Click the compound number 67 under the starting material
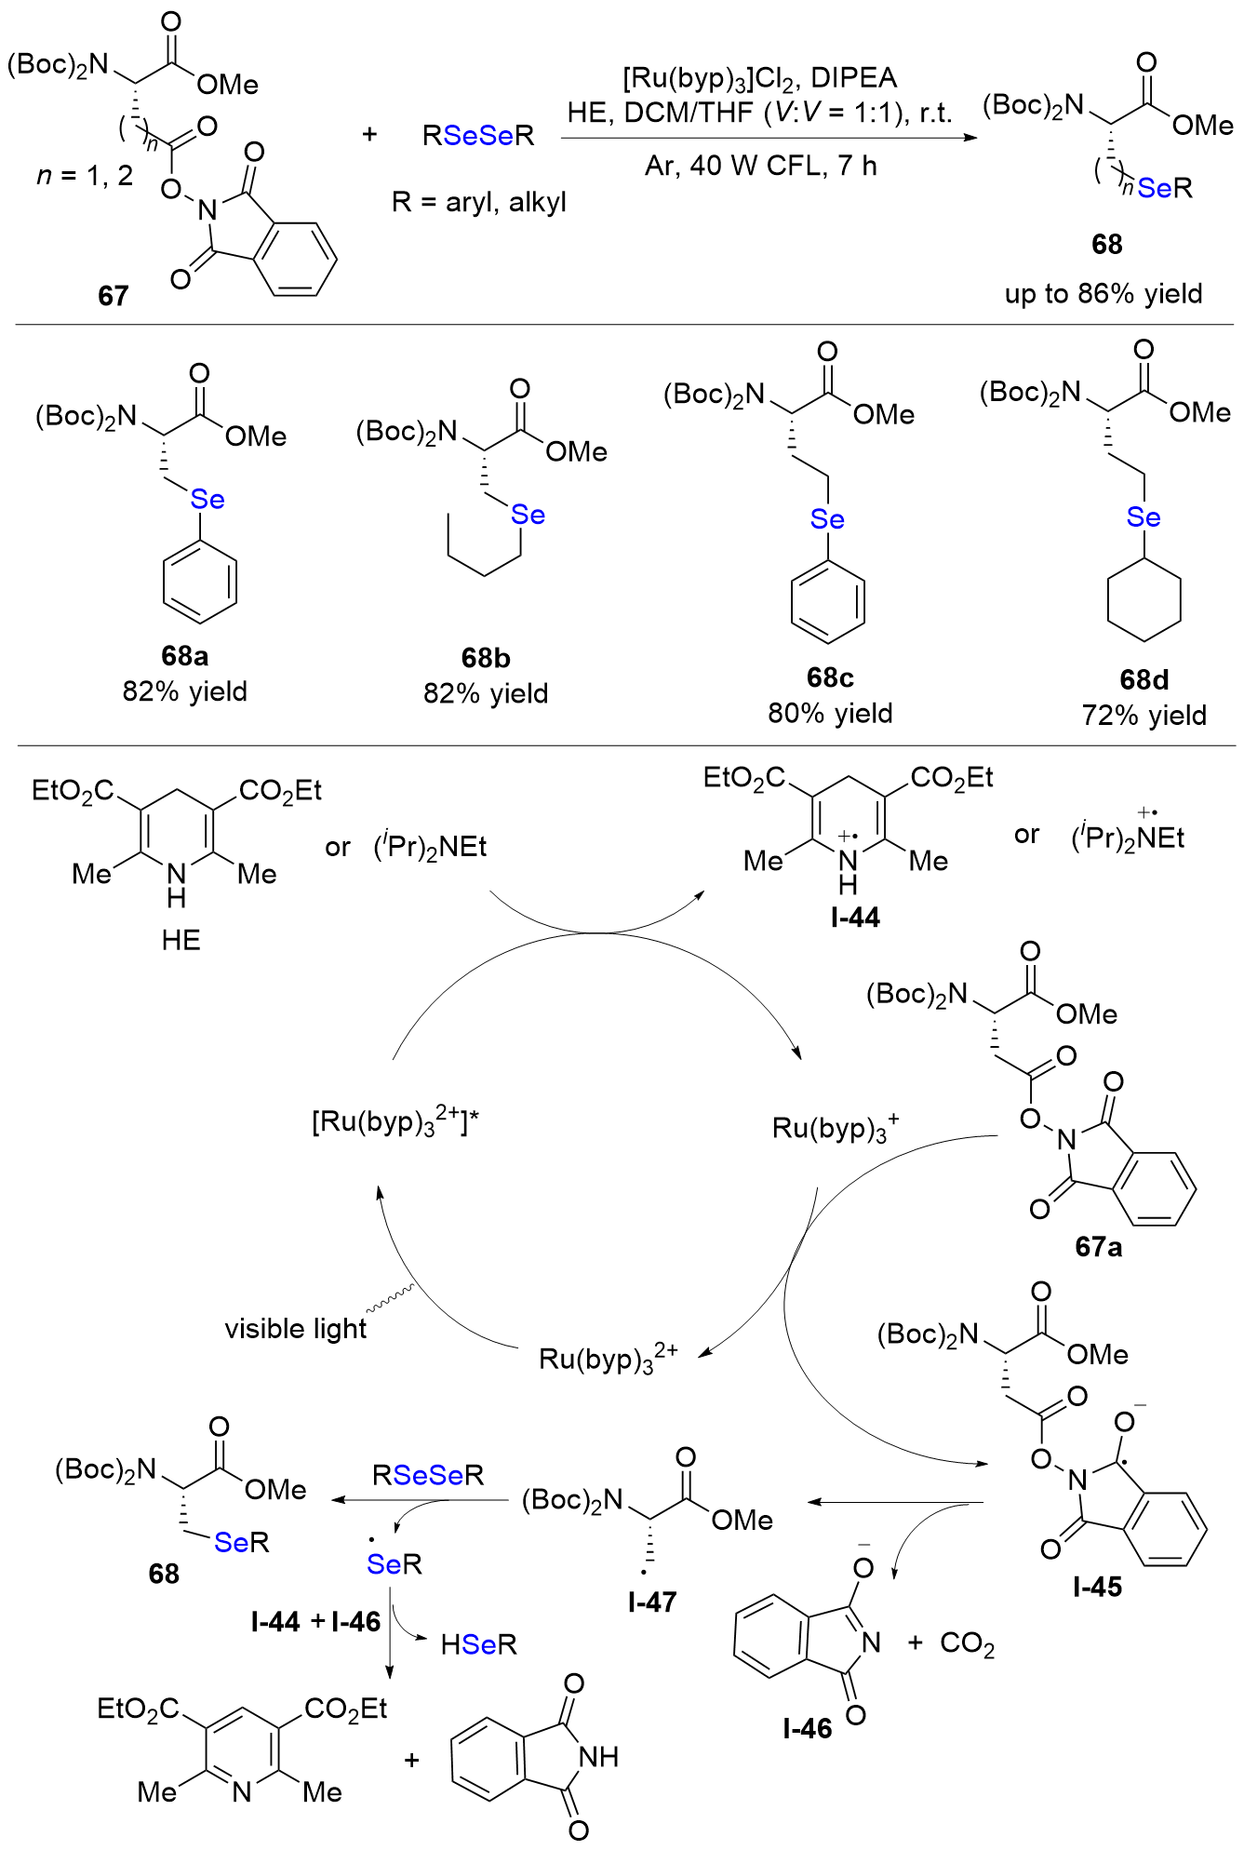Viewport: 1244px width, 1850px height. tap(113, 296)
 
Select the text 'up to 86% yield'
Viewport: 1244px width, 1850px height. tap(1103, 294)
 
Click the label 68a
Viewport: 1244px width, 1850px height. tap(184, 656)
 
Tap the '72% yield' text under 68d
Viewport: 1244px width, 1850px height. tap(1144, 716)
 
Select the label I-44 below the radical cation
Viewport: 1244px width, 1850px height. tap(855, 918)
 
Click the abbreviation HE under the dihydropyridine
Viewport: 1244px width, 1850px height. tap(181, 940)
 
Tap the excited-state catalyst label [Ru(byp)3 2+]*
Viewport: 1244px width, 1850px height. tap(395, 1121)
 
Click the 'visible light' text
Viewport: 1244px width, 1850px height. tap(296, 1329)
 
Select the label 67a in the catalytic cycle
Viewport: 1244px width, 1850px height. tap(1098, 1247)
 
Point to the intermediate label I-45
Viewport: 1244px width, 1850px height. tap(1097, 1587)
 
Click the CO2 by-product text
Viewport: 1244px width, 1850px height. tap(967, 1643)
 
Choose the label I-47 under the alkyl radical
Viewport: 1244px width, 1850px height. tap(651, 1602)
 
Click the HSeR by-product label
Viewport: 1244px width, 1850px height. tap(478, 1644)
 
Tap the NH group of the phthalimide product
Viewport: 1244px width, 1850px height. tap(598, 1757)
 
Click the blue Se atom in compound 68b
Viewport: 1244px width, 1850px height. tap(528, 515)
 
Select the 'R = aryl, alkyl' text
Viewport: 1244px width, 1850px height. tap(478, 202)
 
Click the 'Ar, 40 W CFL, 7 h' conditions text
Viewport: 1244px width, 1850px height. tap(760, 167)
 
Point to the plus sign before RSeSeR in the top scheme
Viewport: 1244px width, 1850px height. tap(369, 135)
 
